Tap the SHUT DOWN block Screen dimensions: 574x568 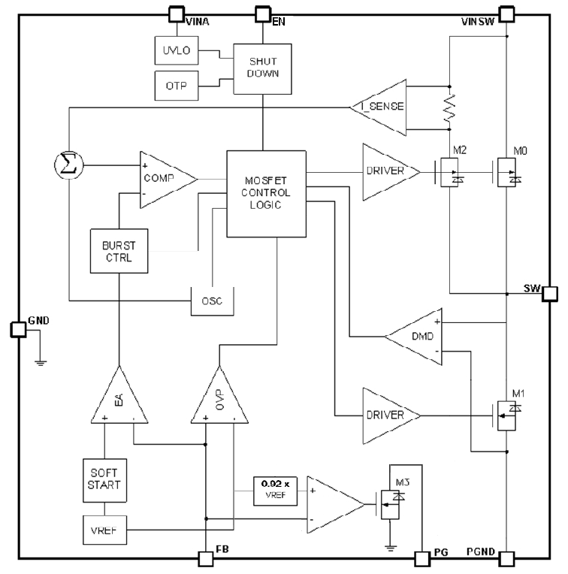[x=261, y=68]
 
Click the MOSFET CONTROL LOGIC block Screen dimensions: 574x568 [x=267, y=192]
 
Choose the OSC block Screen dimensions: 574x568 [x=211, y=301]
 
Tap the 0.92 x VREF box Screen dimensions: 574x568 [x=274, y=491]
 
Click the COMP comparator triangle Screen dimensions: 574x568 [x=164, y=178]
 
